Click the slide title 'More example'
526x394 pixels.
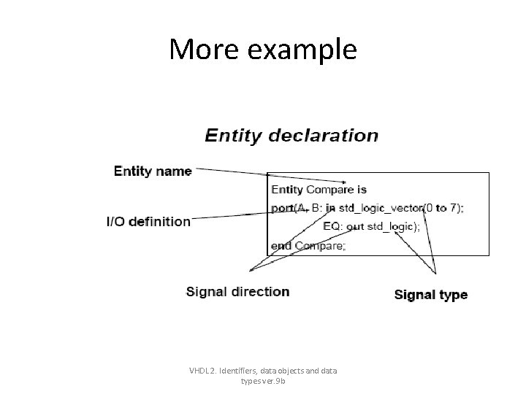pos(263,50)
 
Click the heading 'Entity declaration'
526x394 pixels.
pos(291,136)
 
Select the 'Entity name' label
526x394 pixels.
pos(153,171)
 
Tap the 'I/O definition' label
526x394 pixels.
pos(148,221)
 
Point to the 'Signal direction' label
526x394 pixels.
pos(238,292)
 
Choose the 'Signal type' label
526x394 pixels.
pos(431,295)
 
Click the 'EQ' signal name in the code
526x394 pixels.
pos(331,227)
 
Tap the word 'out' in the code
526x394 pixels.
pos(355,227)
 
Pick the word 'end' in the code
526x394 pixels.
pos(281,246)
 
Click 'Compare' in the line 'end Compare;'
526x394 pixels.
pos(319,246)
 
